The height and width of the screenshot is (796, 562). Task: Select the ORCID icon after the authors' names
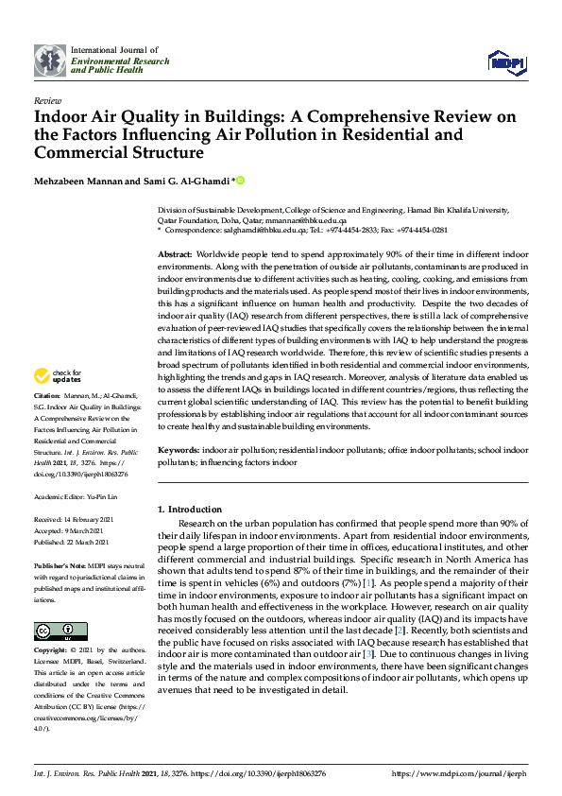pos(240,180)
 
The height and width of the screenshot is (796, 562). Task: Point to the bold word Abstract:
pos(175,255)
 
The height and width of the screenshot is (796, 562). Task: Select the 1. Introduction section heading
pos(190,510)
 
